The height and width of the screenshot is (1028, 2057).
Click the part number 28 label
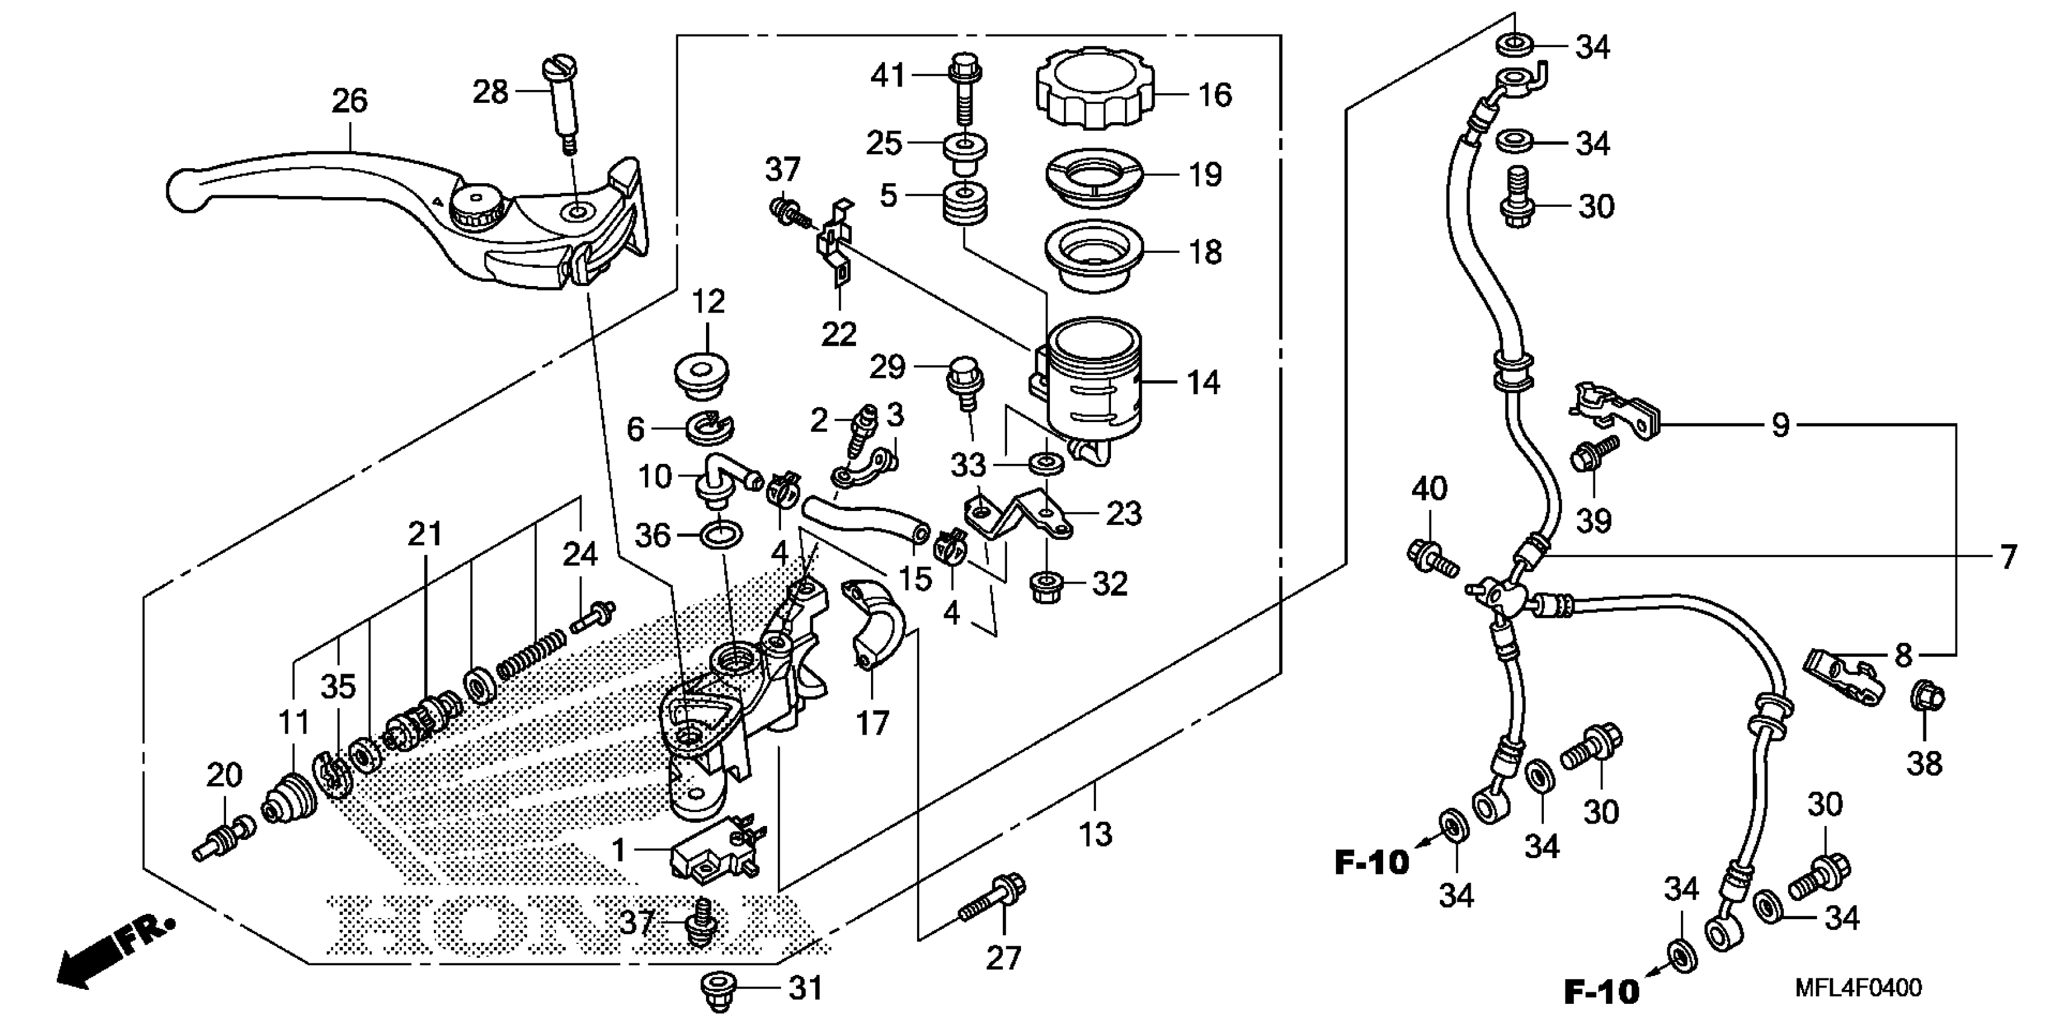point(490,93)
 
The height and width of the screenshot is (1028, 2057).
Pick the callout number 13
point(1095,834)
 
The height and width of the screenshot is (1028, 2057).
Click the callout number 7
point(2007,557)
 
